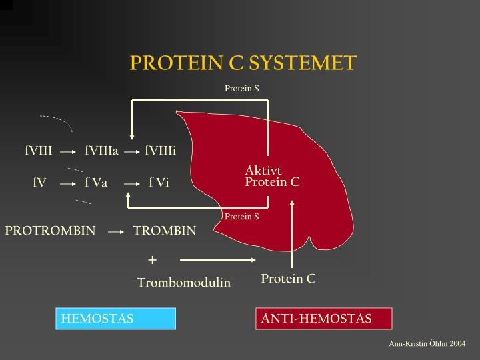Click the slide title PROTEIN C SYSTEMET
pyautogui.click(x=243, y=63)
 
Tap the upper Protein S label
pyautogui.click(x=241, y=89)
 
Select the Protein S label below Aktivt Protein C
pyautogui.click(x=241, y=217)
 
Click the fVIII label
pyautogui.click(x=39, y=151)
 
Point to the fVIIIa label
pyautogui.click(x=101, y=151)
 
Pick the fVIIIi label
pyautogui.click(x=160, y=151)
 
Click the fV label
pyautogui.click(x=39, y=182)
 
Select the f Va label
pyautogui.click(x=96, y=182)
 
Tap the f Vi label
pyautogui.click(x=159, y=182)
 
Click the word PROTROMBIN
pyautogui.click(x=51, y=231)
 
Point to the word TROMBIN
pyautogui.click(x=165, y=231)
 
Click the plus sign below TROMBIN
pyautogui.click(x=152, y=259)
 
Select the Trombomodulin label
pyautogui.click(x=184, y=283)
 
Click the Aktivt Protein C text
pyautogui.click(x=272, y=177)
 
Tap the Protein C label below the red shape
pyautogui.click(x=288, y=279)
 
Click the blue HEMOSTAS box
pyautogui.click(x=115, y=319)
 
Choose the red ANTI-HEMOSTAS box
pyautogui.click(x=325, y=319)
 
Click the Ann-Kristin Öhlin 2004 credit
pyautogui.click(x=427, y=343)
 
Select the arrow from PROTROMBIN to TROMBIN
pyautogui.click(x=116, y=232)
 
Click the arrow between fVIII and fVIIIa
pyautogui.click(x=68, y=151)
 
